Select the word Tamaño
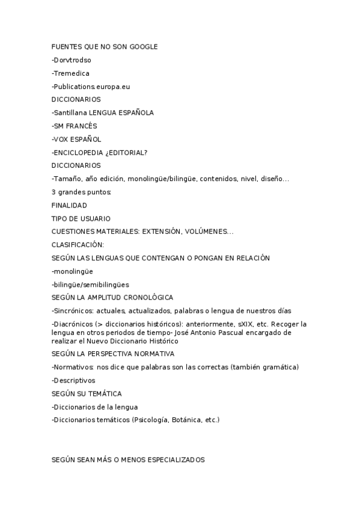(66, 179)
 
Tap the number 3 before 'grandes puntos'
(53, 192)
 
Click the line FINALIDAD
(69, 205)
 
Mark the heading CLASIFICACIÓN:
(78, 245)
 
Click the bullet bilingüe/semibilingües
(90, 284)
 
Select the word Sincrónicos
(73, 311)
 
